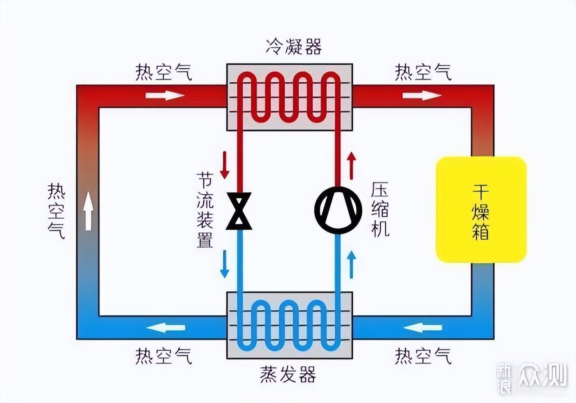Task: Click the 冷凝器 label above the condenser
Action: click(294, 46)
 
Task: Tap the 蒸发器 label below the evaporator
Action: click(288, 374)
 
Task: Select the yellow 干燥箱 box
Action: click(481, 210)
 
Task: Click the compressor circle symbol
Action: click(338, 210)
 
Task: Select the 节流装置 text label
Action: click(205, 210)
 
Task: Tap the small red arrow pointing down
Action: click(224, 165)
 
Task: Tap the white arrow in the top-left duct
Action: click(165, 95)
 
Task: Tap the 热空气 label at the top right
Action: click(423, 72)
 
